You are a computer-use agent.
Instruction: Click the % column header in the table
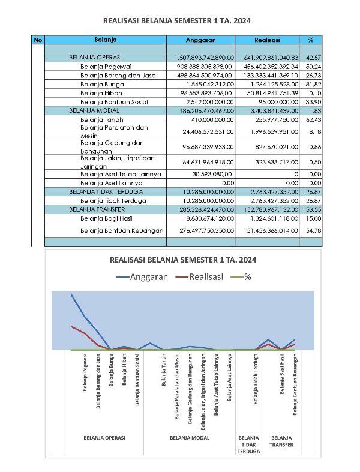pos(311,40)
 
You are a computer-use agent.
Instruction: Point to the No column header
pos(38,40)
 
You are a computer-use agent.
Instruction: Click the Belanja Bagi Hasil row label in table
pos(106,219)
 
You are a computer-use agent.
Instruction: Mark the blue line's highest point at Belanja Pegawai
pos(71,295)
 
